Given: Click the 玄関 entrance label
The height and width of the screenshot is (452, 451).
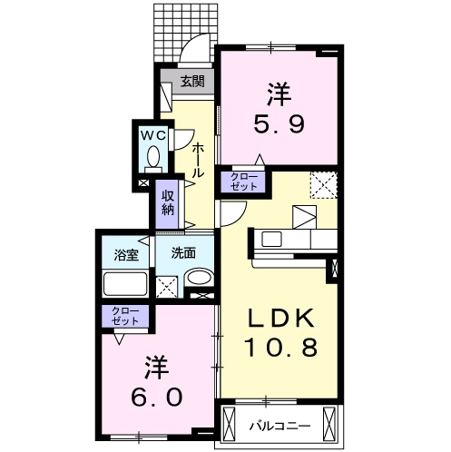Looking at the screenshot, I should pos(191,82).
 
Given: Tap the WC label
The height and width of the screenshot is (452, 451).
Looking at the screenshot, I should pos(152,134).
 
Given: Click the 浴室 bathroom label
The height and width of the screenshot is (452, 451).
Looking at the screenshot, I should pos(126,254).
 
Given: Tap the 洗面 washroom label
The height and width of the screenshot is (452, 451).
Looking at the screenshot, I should pos(184,253).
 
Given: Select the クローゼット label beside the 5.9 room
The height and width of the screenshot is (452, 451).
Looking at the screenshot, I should pos(242,181).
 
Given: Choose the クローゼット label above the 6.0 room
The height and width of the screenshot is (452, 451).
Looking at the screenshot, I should pos(126,317).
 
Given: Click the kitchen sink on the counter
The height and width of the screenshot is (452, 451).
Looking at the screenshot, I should pos(271,240).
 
